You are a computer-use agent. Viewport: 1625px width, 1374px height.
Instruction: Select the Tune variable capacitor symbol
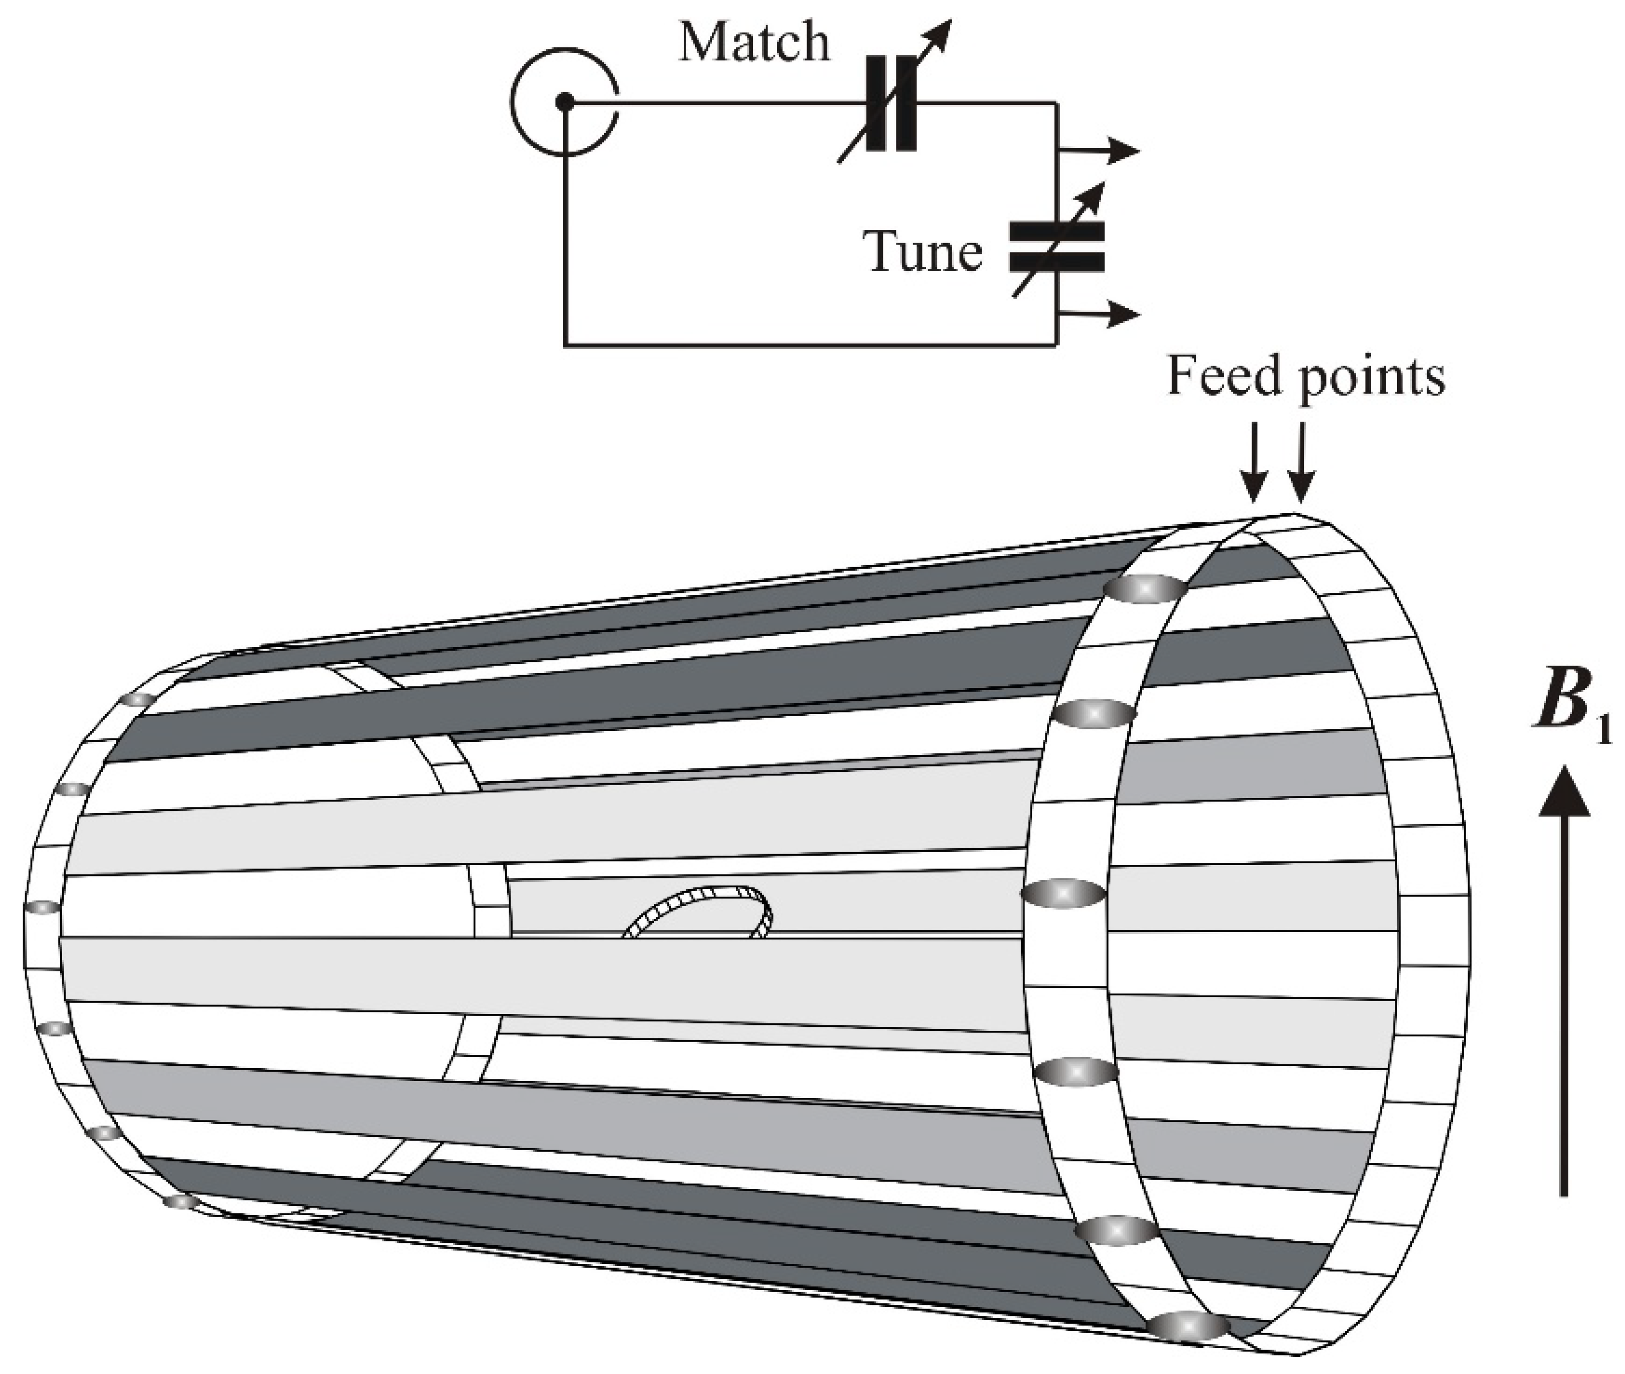click(1056, 246)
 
